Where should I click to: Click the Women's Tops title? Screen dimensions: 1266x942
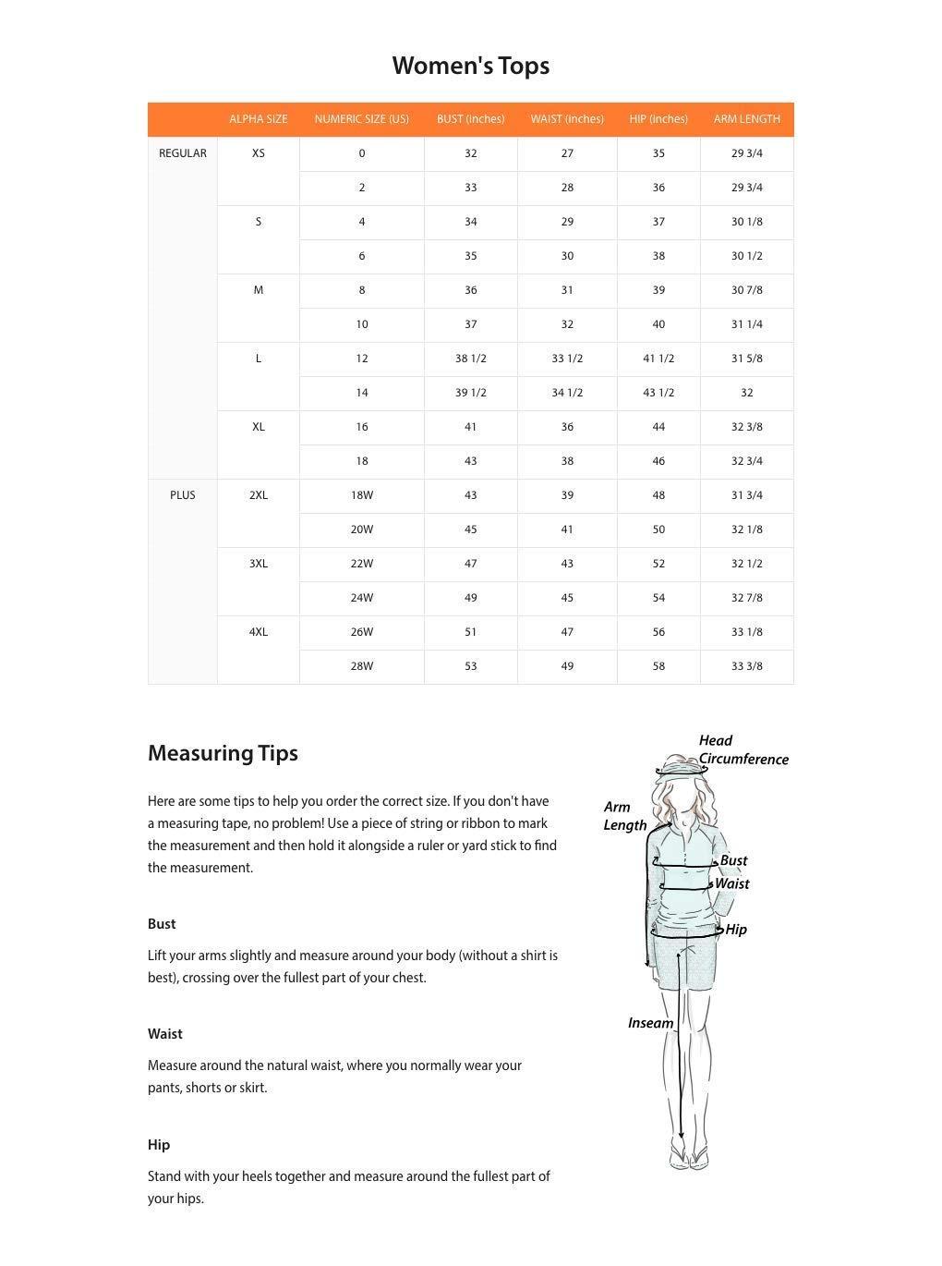(470, 66)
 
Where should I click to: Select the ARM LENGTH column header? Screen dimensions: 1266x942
(746, 119)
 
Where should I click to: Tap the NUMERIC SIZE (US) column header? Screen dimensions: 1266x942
(361, 119)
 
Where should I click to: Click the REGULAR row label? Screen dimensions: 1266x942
(183, 153)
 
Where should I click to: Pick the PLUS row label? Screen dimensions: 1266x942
(183, 495)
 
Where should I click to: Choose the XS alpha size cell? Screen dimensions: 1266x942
(259, 153)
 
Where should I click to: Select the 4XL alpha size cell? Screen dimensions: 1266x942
(259, 632)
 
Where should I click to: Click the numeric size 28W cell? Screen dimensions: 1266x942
(361, 666)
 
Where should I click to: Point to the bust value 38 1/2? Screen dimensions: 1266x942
(470, 359)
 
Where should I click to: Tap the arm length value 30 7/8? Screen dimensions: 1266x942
(746, 290)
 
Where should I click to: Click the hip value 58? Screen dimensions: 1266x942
(658, 666)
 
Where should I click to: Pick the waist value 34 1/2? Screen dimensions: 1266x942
(567, 393)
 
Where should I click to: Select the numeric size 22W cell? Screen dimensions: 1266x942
(361, 564)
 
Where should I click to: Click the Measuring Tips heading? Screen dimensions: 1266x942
(223, 753)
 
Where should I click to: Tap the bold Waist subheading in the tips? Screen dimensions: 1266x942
(165, 1034)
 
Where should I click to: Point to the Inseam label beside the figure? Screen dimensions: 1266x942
(650, 1023)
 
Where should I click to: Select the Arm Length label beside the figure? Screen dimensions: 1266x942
(623, 816)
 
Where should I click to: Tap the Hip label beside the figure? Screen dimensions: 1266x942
(736, 930)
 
